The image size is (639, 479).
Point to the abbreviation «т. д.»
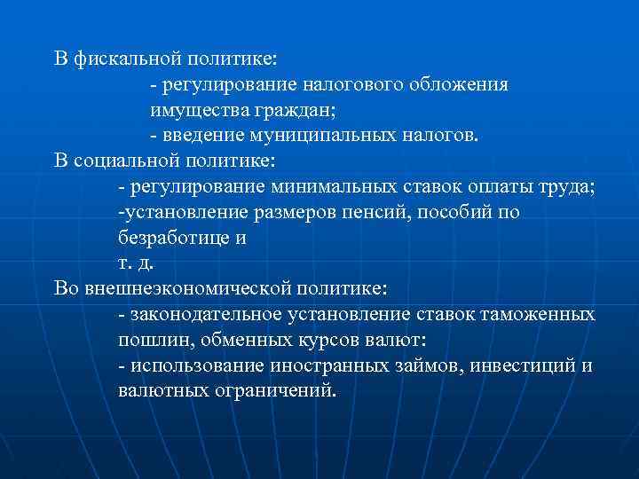tap(130, 263)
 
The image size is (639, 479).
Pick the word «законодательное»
tap(206, 315)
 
